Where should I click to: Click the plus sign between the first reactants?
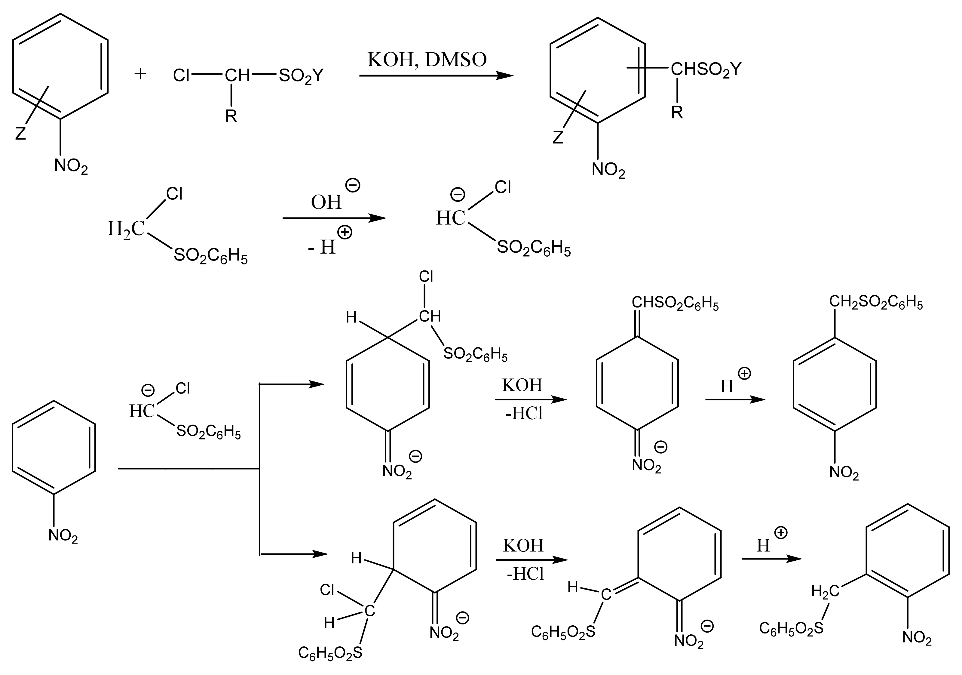click(140, 74)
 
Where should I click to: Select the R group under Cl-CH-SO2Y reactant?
click(231, 116)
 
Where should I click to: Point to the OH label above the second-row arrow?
click(326, 202)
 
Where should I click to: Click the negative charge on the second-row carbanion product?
click(457, 194)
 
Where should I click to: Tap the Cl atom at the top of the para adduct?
click(426, 277)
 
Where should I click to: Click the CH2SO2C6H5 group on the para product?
click(876, 303)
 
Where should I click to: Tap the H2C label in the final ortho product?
click(825, 591)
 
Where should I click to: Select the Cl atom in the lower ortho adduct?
click(327, 590)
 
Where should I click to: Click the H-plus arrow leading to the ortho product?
click(771, 559)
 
